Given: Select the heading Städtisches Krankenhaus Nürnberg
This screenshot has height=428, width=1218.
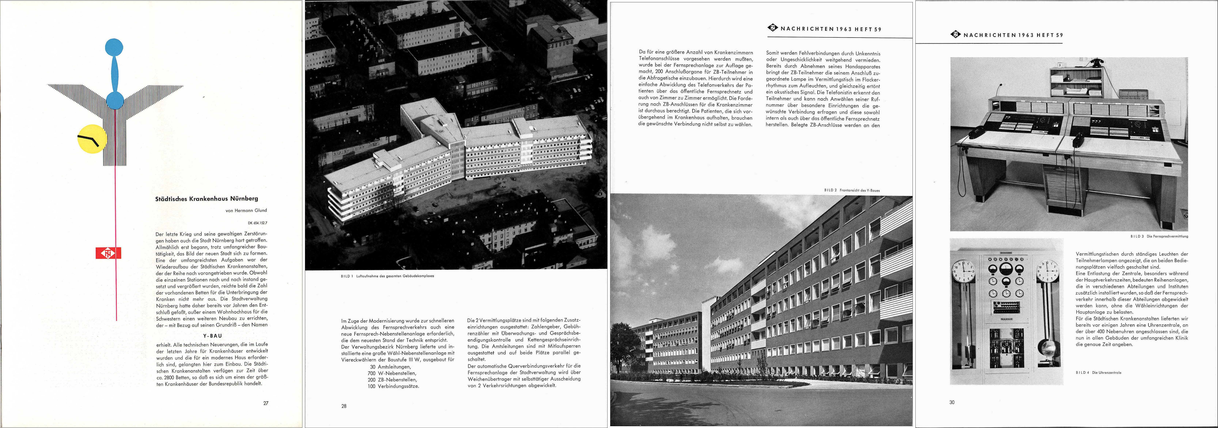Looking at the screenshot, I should pos(207,199).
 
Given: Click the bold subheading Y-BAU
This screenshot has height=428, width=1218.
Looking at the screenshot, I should pos(212,336).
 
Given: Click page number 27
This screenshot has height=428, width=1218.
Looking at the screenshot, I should pos(266,403).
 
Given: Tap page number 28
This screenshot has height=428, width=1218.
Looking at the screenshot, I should pos(344,406).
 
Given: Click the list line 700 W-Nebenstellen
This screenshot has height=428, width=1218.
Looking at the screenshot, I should pos(392,373).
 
